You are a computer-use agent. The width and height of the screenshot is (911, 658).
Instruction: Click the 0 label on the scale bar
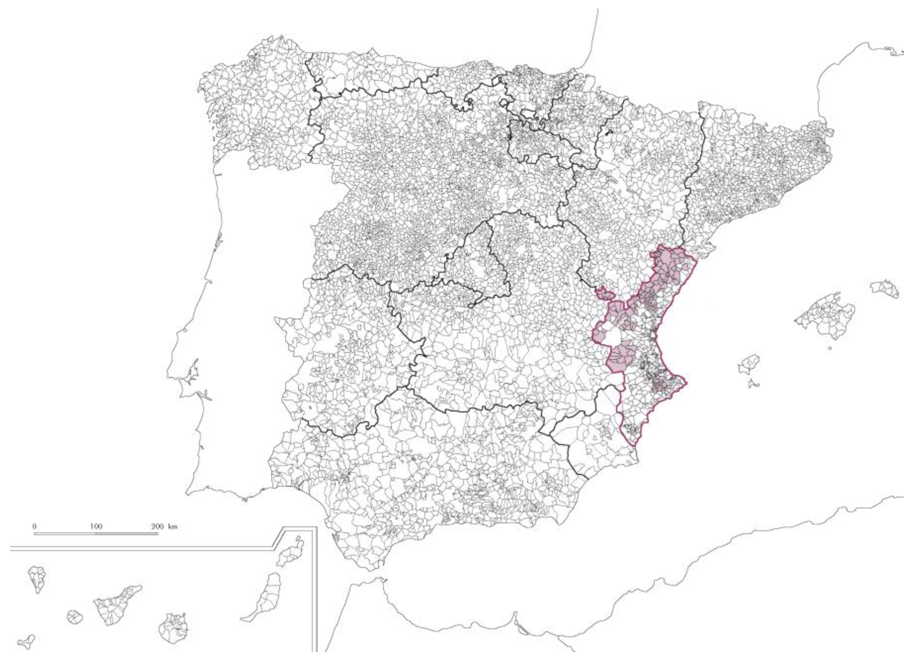35,526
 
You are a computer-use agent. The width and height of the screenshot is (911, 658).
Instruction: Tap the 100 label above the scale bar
96,526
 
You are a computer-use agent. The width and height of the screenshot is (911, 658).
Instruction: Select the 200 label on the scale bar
157,526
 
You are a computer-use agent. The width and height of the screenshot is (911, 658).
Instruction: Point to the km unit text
173,526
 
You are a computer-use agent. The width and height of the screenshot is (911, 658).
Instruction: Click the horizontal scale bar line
96,534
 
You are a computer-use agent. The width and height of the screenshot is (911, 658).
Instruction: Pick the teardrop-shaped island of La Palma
37,578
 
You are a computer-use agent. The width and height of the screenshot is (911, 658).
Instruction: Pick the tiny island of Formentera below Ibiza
753,384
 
